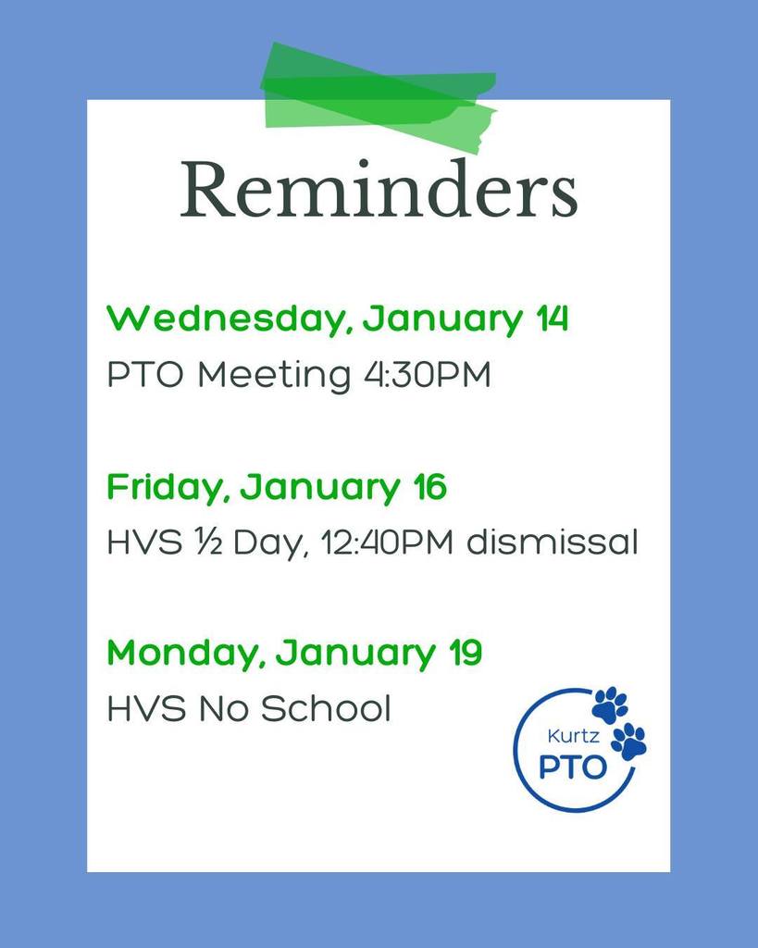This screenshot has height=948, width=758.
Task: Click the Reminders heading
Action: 379,190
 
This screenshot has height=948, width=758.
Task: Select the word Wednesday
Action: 228,320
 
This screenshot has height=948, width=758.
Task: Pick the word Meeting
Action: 274,377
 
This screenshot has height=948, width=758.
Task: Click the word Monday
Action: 188,654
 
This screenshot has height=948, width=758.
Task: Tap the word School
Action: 325,709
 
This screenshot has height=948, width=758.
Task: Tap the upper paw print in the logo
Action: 609,705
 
